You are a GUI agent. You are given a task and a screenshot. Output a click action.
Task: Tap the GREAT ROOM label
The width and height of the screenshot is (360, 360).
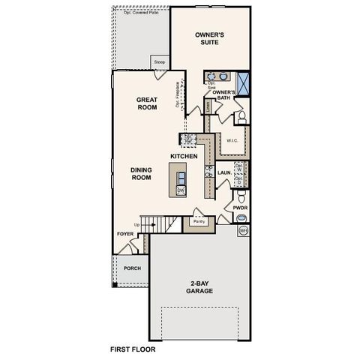(146, 103)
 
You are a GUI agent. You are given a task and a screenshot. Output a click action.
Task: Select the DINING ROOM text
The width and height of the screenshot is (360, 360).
(142, 175)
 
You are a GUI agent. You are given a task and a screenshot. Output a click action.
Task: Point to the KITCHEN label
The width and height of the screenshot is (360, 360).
(184, 156)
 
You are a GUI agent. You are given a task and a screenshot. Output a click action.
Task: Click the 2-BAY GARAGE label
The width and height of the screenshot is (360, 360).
(199, 287)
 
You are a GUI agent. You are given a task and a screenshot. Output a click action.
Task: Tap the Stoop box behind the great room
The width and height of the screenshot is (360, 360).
(159, 62)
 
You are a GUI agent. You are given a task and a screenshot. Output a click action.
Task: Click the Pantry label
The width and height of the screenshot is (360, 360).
(199, 222)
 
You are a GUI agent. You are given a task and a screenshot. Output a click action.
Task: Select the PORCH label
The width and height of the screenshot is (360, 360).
(132, 268)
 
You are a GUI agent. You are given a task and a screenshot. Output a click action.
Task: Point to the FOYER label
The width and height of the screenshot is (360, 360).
(124, 235)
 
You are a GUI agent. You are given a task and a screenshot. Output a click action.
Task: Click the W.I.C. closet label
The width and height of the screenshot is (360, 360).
(232, 140)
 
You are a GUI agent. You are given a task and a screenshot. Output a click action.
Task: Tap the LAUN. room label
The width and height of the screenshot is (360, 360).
(223, 173)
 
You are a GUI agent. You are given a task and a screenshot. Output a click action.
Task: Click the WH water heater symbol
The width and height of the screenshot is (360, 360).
(242, 232)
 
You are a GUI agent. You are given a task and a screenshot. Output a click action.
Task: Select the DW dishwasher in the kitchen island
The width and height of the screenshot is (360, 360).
(181, 192)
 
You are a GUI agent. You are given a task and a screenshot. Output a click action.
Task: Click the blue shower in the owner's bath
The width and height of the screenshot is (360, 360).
(243, 79)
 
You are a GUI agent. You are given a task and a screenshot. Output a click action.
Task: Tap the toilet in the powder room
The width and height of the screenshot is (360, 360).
(241, 217)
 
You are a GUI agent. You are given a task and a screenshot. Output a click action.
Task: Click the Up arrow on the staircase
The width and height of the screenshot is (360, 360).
(136, 224)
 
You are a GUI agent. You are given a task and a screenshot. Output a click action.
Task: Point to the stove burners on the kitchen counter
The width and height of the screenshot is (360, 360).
(189, 139)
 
